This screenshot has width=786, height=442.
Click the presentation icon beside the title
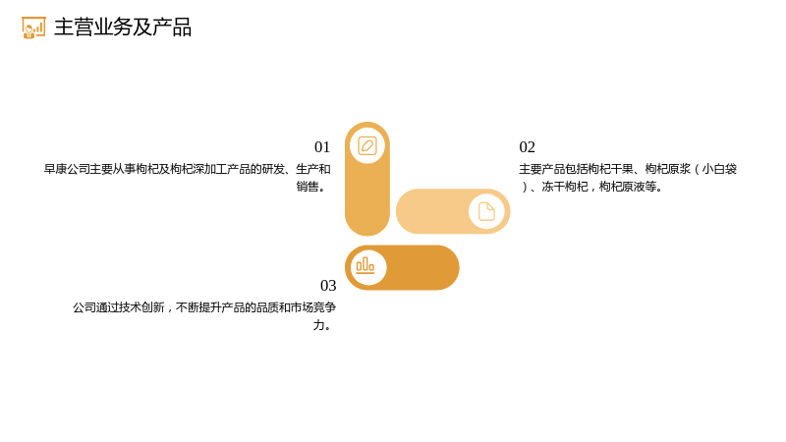(x=33, y=28)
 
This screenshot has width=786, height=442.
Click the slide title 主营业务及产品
(x=123, y=28)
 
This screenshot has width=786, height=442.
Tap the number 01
(x=322, y=146)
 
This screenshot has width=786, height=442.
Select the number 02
(x=528, y=146)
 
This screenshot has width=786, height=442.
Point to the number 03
(x=328, y=285)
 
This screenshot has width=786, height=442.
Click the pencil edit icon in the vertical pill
(x=367, y=145)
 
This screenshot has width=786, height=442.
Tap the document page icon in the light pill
(x=486, y=211)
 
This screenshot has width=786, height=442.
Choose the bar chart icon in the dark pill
(x=365, y=265)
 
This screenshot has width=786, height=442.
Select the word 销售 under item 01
(x=308, y=187)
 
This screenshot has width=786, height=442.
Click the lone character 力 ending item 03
(x=318, y=325)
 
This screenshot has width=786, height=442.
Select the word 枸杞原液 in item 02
(x=622, y=187)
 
